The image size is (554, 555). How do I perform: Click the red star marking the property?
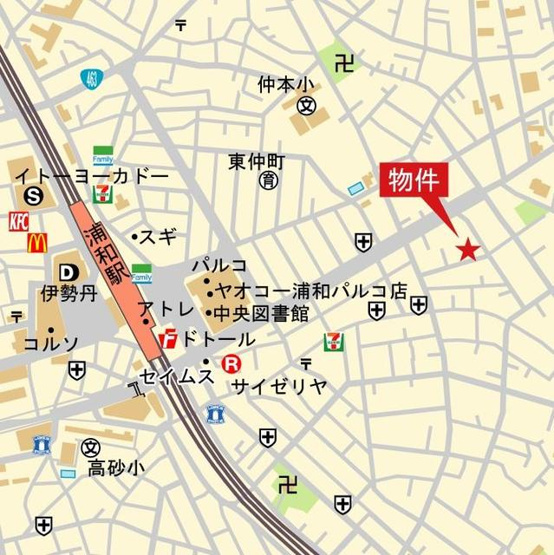click(467, 249)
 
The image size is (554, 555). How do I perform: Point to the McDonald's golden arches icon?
click(37, 242)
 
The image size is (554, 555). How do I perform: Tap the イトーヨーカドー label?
click(91, 176)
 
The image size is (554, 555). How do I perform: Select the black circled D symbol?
click(67, 272)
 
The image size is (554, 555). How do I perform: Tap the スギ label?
click(161, 237)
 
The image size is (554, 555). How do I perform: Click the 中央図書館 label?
click(265, 314)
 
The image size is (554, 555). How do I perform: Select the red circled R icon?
click(232, 364)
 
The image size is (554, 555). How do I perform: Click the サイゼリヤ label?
click(279, 386)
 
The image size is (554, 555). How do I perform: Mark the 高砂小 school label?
click(115, 467)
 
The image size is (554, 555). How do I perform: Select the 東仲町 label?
click(257, 161)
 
